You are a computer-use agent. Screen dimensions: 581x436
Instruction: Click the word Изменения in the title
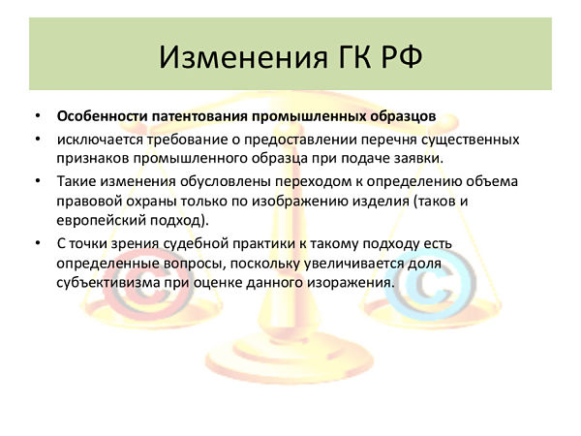244,57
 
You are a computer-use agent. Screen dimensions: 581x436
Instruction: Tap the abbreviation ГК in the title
354,57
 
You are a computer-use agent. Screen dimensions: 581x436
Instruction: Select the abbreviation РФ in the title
401,57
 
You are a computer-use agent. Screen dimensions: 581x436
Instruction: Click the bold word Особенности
103,116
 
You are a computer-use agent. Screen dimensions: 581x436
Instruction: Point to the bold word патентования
199,117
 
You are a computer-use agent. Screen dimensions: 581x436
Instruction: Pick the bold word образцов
403,117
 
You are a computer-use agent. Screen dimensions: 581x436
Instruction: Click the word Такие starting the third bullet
76,181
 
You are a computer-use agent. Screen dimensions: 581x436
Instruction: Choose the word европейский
101,220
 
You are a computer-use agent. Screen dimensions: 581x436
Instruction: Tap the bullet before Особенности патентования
38,116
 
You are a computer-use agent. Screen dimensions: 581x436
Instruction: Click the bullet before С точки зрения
38,243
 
